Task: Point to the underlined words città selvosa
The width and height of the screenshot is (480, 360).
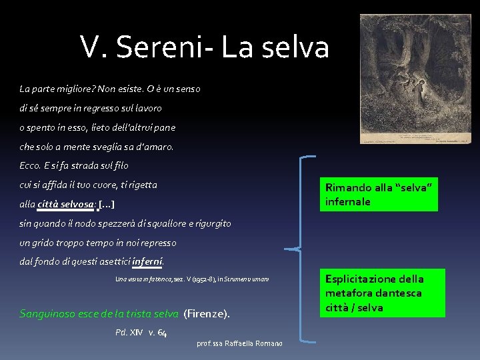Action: [66, 204]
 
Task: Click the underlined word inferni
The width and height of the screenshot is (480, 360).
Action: [147, 261]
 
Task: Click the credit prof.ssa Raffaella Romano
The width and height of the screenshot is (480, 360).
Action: [239, 343]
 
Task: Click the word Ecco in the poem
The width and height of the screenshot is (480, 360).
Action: [30, 165]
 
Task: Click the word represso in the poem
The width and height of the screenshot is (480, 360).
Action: [156, 243]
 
